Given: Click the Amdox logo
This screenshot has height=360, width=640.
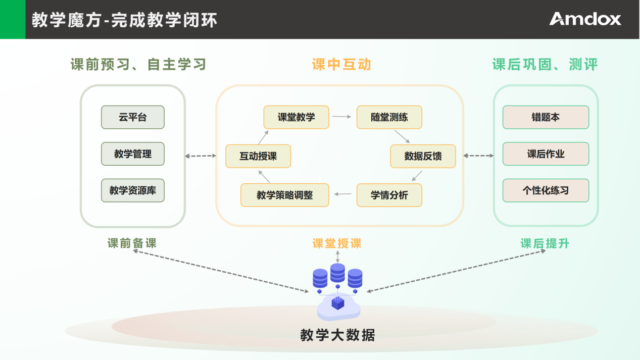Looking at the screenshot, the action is coord(585,19).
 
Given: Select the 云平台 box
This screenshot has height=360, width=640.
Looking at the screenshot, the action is coord(133,117).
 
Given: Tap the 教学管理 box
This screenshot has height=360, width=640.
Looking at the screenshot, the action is coord(133,154).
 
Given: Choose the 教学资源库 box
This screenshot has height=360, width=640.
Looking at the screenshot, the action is coord(133,190).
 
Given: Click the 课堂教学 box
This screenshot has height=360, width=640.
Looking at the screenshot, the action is coord(297,117).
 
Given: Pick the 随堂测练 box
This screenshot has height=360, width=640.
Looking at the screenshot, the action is coord(389,117).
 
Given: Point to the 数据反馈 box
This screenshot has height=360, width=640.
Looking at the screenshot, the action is coord(423,156).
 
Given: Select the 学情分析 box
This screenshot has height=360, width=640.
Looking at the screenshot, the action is coord(389,195).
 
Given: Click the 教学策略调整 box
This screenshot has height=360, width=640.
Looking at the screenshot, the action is coord(285,195).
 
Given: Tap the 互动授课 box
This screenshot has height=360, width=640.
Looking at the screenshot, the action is coord(258,156).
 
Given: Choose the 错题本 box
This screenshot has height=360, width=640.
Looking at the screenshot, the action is coord(546,117).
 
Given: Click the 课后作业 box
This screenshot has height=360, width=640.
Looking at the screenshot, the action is coord(546,154).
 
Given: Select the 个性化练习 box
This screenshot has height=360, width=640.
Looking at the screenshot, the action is coord(546,190).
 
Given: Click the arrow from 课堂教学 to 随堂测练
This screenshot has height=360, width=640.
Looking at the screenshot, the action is coord(341,117).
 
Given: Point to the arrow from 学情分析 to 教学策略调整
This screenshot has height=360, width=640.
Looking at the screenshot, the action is coord(343,194).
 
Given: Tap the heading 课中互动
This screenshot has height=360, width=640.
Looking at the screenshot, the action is coord(341,65).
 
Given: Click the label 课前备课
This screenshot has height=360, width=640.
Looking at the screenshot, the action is coord(132,243).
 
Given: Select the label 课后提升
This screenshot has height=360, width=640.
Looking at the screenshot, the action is coord(545,243).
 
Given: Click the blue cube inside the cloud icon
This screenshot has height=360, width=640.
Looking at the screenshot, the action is coord(338,303).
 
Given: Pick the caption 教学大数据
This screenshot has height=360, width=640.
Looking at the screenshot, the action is coord(338,335).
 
